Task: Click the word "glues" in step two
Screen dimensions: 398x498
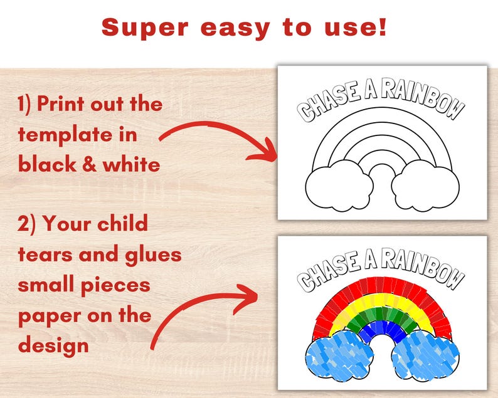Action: point(152,254)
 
